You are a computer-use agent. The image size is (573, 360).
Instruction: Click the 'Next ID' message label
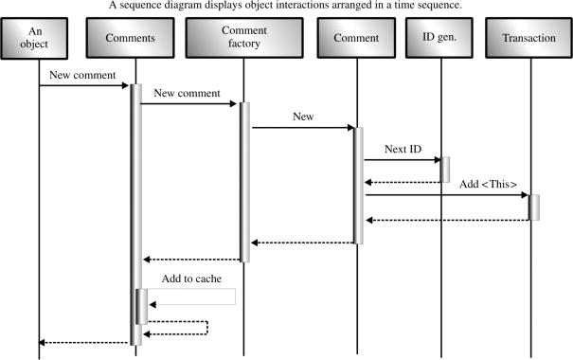(403, 150)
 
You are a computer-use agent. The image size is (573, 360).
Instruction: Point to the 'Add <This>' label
(488, 184)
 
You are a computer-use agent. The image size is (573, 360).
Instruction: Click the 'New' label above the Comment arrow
(303, 117)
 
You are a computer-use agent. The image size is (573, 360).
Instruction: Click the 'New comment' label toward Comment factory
(187, 93)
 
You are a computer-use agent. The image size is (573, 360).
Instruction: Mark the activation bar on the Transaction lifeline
(534, 207)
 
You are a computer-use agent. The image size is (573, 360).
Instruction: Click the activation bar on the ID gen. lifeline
(444, 170)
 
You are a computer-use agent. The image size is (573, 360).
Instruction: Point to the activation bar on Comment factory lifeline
(244, 180)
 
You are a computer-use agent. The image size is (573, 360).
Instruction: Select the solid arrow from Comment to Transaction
(445, 196)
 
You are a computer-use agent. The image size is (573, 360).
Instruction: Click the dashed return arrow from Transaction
(445, 220)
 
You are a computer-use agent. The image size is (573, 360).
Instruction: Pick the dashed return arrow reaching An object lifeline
(83, 343)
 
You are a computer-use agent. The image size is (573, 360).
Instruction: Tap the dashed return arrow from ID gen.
(401, 182)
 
